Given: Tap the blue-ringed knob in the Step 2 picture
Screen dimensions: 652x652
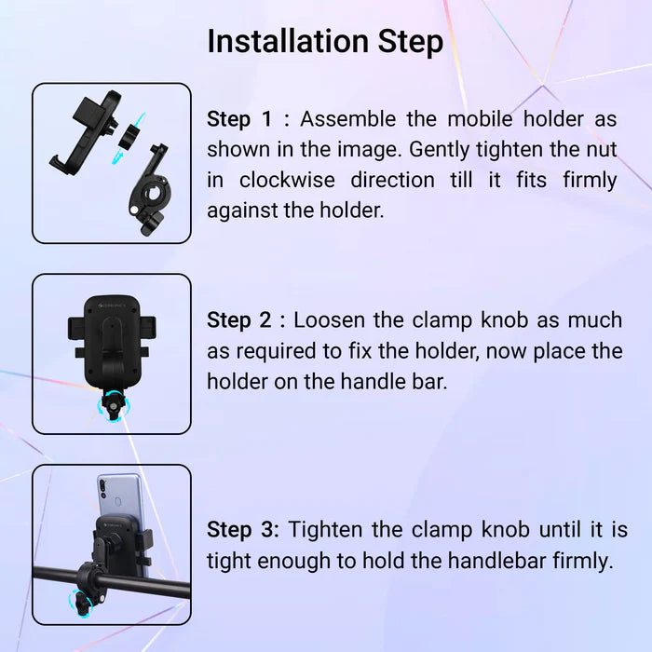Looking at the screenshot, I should (x=113, y=406).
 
